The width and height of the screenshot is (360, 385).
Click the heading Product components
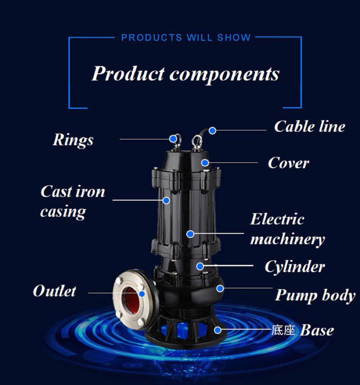pyautogui.click(x=185, y=73)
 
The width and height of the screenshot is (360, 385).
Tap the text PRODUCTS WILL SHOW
pyautogui.click(x=186, y=38)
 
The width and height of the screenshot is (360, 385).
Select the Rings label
pyautogui.click(x=73, y=140)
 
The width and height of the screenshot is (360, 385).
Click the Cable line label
pyautogui.click(x=310, y=126)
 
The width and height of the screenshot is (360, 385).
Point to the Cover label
pyautogui.click(x=288, y=163)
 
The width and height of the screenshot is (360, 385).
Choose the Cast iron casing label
pyautogui.click(x=73, y=201)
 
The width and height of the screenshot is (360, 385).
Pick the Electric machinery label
pyautogui.click(x=288, y=229)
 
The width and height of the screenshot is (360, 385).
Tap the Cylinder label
pyautogui.click(x=295, y=267)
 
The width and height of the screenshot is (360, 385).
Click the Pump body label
pyautogui.click(x=315, y=295)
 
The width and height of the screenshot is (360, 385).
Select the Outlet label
pyautogui.click(x=54, y=291)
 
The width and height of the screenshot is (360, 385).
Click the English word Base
pyautogui.click(x=317, y=330)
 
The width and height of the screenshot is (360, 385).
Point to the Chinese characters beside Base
pyautogui.click(x=283, y=330)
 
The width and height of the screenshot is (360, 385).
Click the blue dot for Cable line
pyautogui.click(x=212, y=130)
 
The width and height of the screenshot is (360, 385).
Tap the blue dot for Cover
pyautogui.click(x=205, y=162)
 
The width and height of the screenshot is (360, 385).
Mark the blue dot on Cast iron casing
pyautogui.click(x=166, y=200)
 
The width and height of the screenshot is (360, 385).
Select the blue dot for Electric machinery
pyautogui.click(x=190, y=234)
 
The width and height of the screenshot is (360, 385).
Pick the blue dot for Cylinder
pyautogui.click(x=200, y=266)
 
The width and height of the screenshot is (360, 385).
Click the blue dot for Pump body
pyautogui.click(x=220, y=288)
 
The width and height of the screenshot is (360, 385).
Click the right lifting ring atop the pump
pyautogui.click(x=197, y=142)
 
